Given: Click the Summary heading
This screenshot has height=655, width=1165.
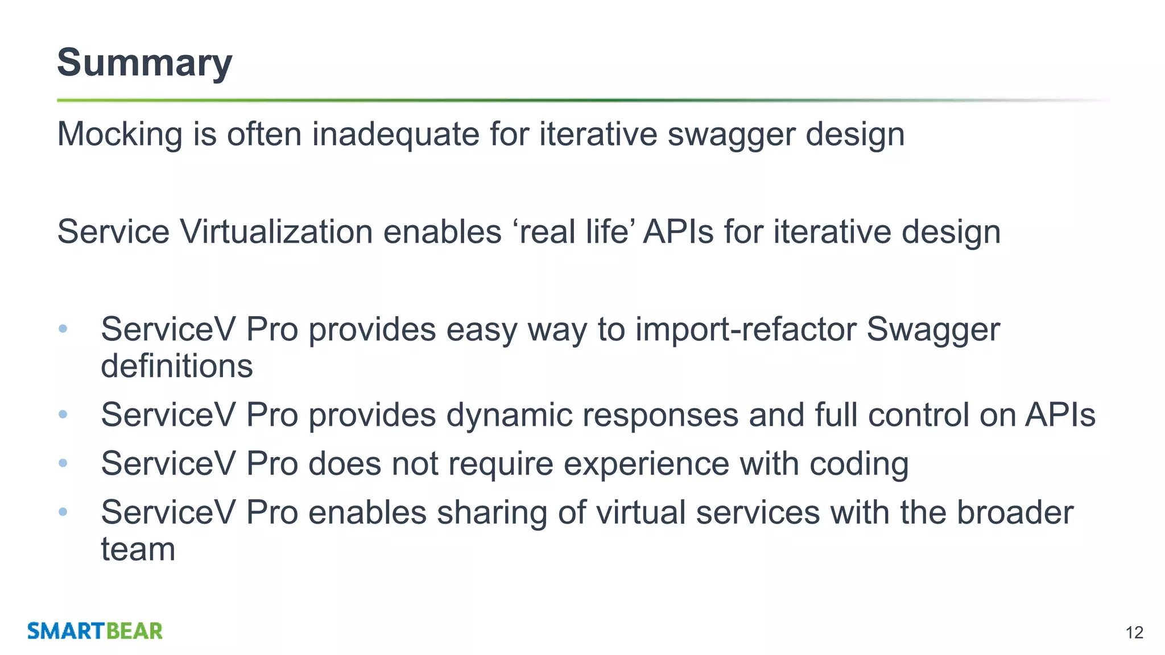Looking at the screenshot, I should pyautogui.click(x=144, y=63).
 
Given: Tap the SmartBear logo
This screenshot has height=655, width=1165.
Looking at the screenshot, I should pyautogui.click(x=95, y=631).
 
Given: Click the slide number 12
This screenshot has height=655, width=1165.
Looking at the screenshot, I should pyautogui.click(x=1134, y=632).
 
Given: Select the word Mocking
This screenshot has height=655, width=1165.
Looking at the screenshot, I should pyautogui.click(x=119, y=135).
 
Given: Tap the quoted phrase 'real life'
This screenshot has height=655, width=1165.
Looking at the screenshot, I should pyautogui.click(x=574, y=232).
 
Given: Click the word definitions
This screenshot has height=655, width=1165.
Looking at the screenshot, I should pyautogui.click(x=176, y=366).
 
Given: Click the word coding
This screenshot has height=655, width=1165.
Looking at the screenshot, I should pyautogui.click(x=858, y=463).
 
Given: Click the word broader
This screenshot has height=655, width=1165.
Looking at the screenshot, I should pyautogui.click(x=1015, y=512).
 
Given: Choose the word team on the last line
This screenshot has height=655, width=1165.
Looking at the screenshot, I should pyautogui.click(x=138, y=549).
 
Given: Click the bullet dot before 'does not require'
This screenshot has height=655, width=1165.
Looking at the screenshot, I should pyautogui.click(x=63, y=463).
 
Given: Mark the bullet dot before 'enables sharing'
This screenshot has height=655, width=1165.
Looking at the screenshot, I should pyautogui.click(x=63, y=512).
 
